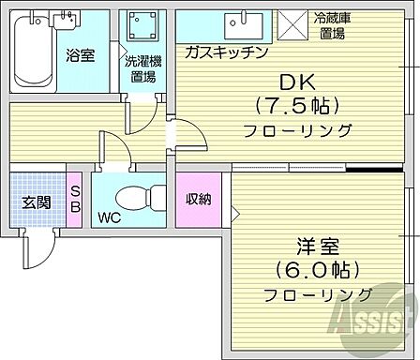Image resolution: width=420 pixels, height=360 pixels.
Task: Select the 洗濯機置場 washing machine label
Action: point(143,69)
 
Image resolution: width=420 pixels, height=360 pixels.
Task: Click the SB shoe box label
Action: point(76,199)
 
